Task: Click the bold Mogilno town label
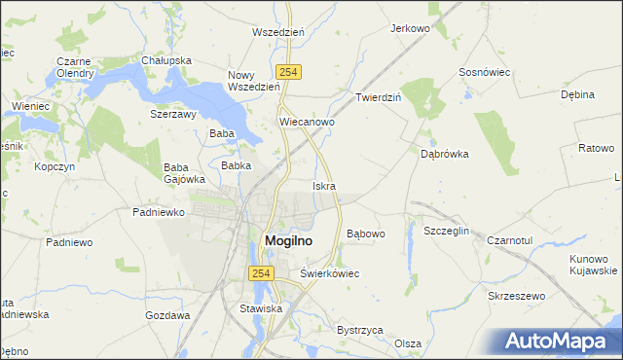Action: click(x=289, y=241)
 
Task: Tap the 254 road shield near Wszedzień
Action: click(x=287, y=72)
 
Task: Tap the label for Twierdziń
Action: click(x=379, y=98)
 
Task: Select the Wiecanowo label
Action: click(x=307, y=123)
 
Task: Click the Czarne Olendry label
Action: click(x=74, y=67)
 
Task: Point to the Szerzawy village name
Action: click(x=173, y=113)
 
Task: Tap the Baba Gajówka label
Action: click(x=184, y=172)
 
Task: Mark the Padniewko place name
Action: click(x=158, y=211)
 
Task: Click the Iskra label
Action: click(x=324, y=185)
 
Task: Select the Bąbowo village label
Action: click(x=366, y=234)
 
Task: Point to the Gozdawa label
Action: click(x=166, y=316)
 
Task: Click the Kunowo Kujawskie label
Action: click(x=595, y=264)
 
